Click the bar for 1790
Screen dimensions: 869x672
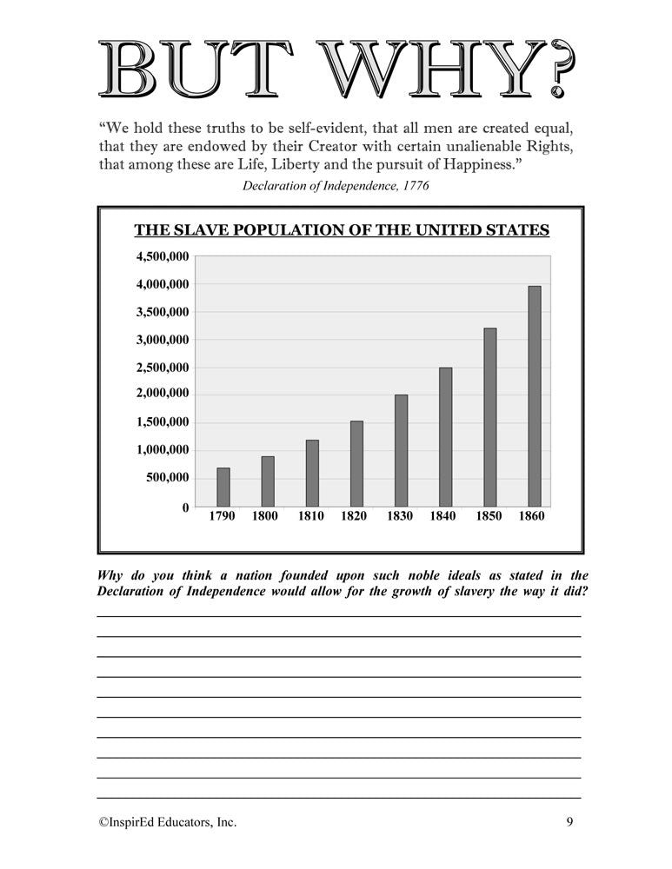point(223,488)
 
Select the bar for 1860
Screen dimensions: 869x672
point(534,396)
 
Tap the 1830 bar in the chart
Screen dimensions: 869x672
point(401,450)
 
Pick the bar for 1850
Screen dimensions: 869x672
point(490,417)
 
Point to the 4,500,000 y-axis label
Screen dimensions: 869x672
point(161,256)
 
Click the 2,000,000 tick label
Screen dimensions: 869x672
point(161,394)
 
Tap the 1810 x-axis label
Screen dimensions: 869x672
point(312,516)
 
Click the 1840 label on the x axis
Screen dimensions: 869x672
point(444,516)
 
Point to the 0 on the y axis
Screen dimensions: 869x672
point(185,507)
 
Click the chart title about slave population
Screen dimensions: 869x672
point(341,230)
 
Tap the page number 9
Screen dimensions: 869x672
point(569,821)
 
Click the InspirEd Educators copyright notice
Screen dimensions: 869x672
point(167,821)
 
